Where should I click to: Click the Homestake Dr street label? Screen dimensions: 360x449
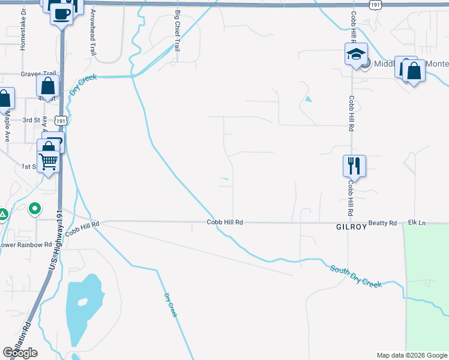23,29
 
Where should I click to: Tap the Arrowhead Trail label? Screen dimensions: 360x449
92,32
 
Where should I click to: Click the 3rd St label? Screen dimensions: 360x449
31,120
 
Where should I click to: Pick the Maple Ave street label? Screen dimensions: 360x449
7,127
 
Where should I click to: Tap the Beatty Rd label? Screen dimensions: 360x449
383,223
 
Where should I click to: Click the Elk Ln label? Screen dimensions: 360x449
417,223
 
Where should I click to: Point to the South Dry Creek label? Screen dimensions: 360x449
355,276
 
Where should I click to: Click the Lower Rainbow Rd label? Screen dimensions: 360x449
26,245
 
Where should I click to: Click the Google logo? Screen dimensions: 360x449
20,352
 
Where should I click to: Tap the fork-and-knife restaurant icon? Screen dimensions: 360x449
354,164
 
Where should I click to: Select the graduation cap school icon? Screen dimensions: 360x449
355,53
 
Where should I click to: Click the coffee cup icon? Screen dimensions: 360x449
61,13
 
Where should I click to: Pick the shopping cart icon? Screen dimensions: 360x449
48,161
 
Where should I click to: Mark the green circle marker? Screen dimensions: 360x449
35,209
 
